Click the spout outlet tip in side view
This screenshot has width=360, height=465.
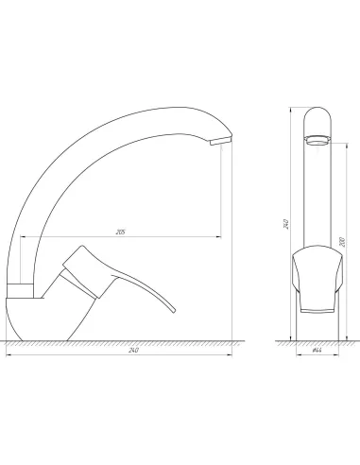(218, 142)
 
